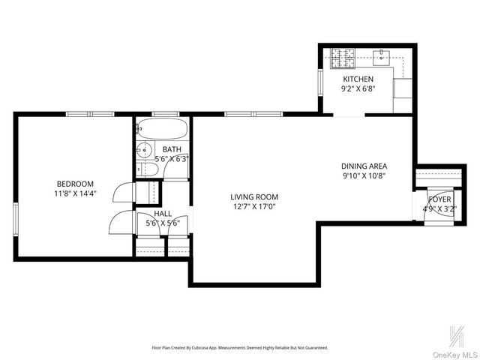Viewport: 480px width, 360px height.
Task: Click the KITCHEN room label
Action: [x=358, y=79]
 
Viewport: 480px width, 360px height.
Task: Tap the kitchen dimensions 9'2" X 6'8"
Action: [x=358, y=88]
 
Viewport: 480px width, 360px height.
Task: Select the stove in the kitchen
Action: [x=342, y=55]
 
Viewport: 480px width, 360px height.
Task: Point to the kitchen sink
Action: [x=382, y=54]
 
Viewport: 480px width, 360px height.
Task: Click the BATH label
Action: [x=172, y=149]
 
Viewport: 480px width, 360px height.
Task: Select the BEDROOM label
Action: [x=75, y=184]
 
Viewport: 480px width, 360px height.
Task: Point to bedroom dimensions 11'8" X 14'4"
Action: [x=75, y=193]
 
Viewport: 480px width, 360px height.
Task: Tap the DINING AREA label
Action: [x=364, y=166]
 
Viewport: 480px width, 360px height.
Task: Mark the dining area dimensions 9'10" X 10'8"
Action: [x=364, y=176]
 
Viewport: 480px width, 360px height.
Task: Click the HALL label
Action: [x=163, y=214]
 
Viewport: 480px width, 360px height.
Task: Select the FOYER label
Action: [x=439, y=199]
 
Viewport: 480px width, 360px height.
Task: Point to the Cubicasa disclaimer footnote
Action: [x=240, y=348]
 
